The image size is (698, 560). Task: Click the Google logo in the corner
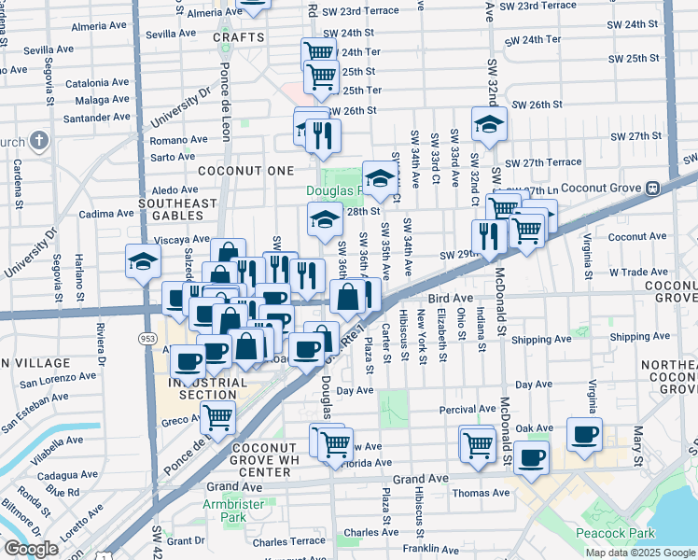coord(31,549)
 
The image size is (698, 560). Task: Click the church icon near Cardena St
coord(38,141)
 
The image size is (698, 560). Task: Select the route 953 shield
coord(147,337)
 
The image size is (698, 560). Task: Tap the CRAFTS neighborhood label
coord(232,37)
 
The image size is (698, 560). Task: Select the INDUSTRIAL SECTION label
coord(202,388)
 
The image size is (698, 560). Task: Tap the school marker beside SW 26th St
coord(488,123)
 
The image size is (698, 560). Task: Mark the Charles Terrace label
coord(288,540)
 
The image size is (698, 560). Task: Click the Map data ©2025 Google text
coord(640,553)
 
